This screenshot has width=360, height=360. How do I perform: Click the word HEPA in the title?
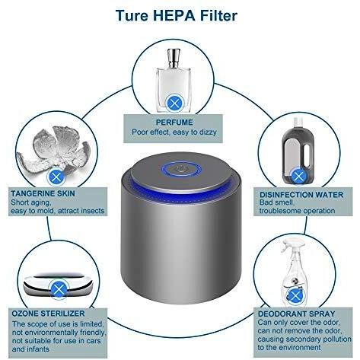coord(174,16)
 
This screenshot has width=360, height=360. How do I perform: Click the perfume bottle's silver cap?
coord(174,59)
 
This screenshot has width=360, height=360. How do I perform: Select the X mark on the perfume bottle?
coord(174,104)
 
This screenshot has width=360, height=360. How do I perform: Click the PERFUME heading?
coord(174,123)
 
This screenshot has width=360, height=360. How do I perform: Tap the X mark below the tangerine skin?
coord(56,177)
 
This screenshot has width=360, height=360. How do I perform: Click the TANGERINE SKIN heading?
coord(43,193)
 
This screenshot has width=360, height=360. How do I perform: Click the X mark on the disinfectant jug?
coord(298,176)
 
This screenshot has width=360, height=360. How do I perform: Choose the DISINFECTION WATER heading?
coord(301,195)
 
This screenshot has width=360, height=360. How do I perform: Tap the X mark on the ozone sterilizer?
coord(59,289)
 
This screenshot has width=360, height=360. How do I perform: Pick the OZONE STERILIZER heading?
coord(48,314)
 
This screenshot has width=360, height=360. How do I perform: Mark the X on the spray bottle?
coord(295,295)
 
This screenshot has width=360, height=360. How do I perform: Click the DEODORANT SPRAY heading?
coord(297,314)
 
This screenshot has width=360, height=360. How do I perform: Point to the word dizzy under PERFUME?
coord(208,132)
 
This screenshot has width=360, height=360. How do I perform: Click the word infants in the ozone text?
coord(37,349)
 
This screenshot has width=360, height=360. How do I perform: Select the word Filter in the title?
coord(219,16)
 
